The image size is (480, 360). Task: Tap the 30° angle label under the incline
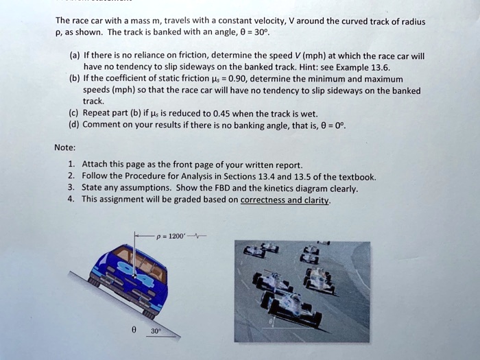(x=156, y=329)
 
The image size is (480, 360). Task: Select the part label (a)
(x=74, y=55)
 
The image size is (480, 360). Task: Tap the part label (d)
(x=74, y=124)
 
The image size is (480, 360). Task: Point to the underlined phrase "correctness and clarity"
(x=284, y=200)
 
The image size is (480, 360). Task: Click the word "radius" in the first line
(x=411, y=21)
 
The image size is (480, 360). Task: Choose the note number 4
(x=71, y=200)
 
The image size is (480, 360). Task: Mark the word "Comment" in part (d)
(x=102, y=124)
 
